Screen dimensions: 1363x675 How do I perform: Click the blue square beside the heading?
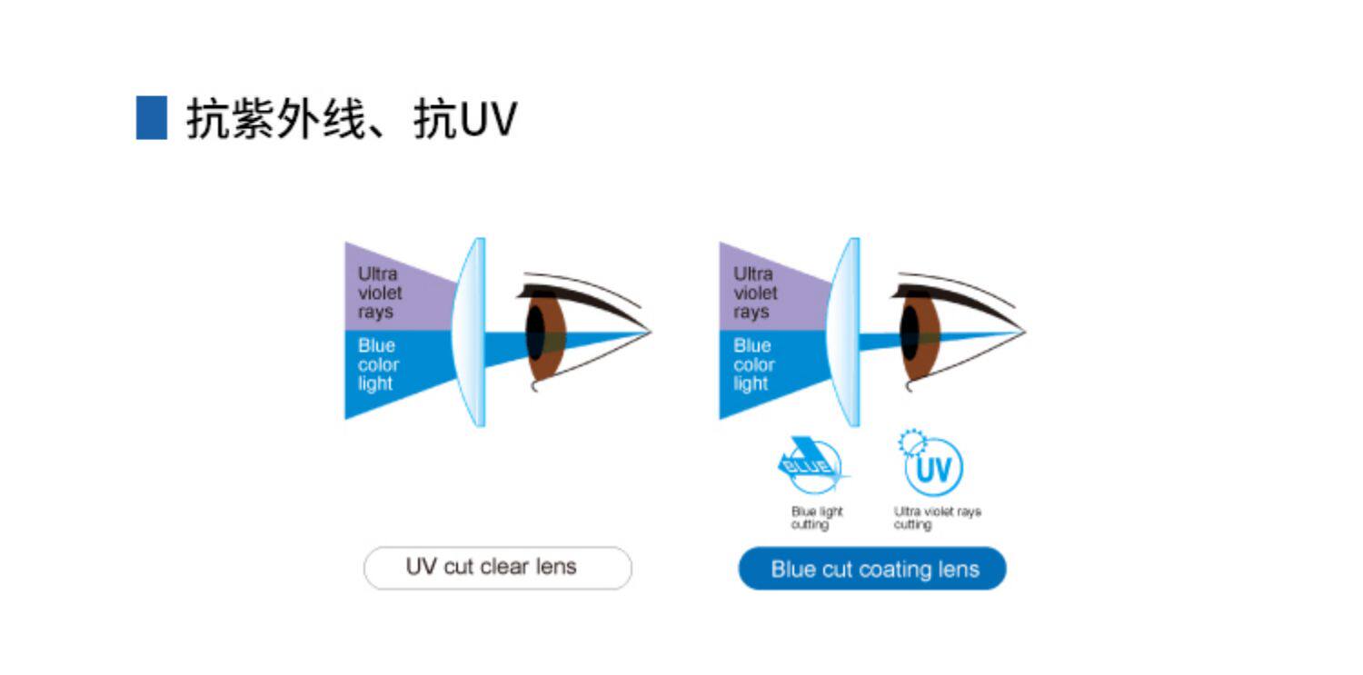pyautogui.click(x=152, y=117)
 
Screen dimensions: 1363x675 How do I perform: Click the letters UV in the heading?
pyautogui.click(x=488, y=119)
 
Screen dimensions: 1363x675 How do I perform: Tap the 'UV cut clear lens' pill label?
pyautogui.click(x=497, y=568)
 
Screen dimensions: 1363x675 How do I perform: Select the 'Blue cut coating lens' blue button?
pyautogui.click(x=872, y=570)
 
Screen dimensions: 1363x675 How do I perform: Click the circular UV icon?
pyautogui.click(x=932, y=468)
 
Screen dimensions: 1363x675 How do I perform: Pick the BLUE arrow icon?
pyautogui.click(x=812, y=465)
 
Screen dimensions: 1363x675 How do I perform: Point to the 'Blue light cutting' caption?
pyautogui.click(x=817, y=519)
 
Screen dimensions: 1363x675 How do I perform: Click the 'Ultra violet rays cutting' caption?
pyautogui.click(x=937, y=519)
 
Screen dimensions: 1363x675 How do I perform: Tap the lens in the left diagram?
pyautogui.click(x=470, y=332)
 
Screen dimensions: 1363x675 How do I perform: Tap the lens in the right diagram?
pyautogui.click(x=844, y=332)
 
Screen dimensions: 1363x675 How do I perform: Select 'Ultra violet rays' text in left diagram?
pyautogui.click(x=379, y=293)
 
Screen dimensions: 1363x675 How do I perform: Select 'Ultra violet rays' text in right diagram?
pyautogui.click(x=755, y=293)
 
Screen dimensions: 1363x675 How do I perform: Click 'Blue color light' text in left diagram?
pyautogui.click(x=378, y=364)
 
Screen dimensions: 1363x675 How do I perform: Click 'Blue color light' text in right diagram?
pyautogui.click(x=754, y=364)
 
